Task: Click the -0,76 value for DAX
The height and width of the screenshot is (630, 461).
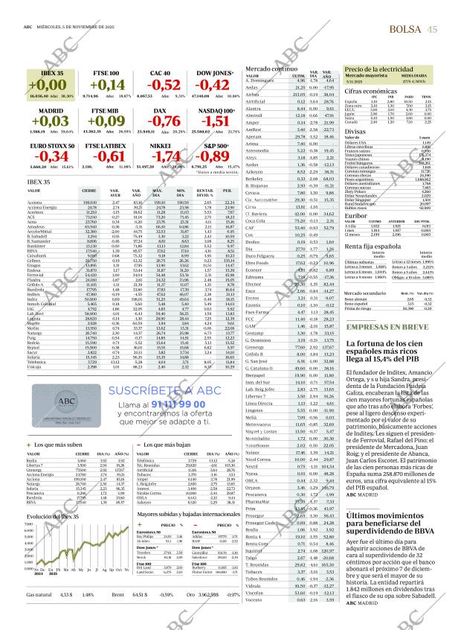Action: tap(164, 120)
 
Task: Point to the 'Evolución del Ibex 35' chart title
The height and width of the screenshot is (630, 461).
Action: tap(53, 517)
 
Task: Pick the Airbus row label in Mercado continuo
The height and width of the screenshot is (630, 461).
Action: tap(253, 95)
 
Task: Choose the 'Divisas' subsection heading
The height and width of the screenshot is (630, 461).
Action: tap(355, 131)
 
